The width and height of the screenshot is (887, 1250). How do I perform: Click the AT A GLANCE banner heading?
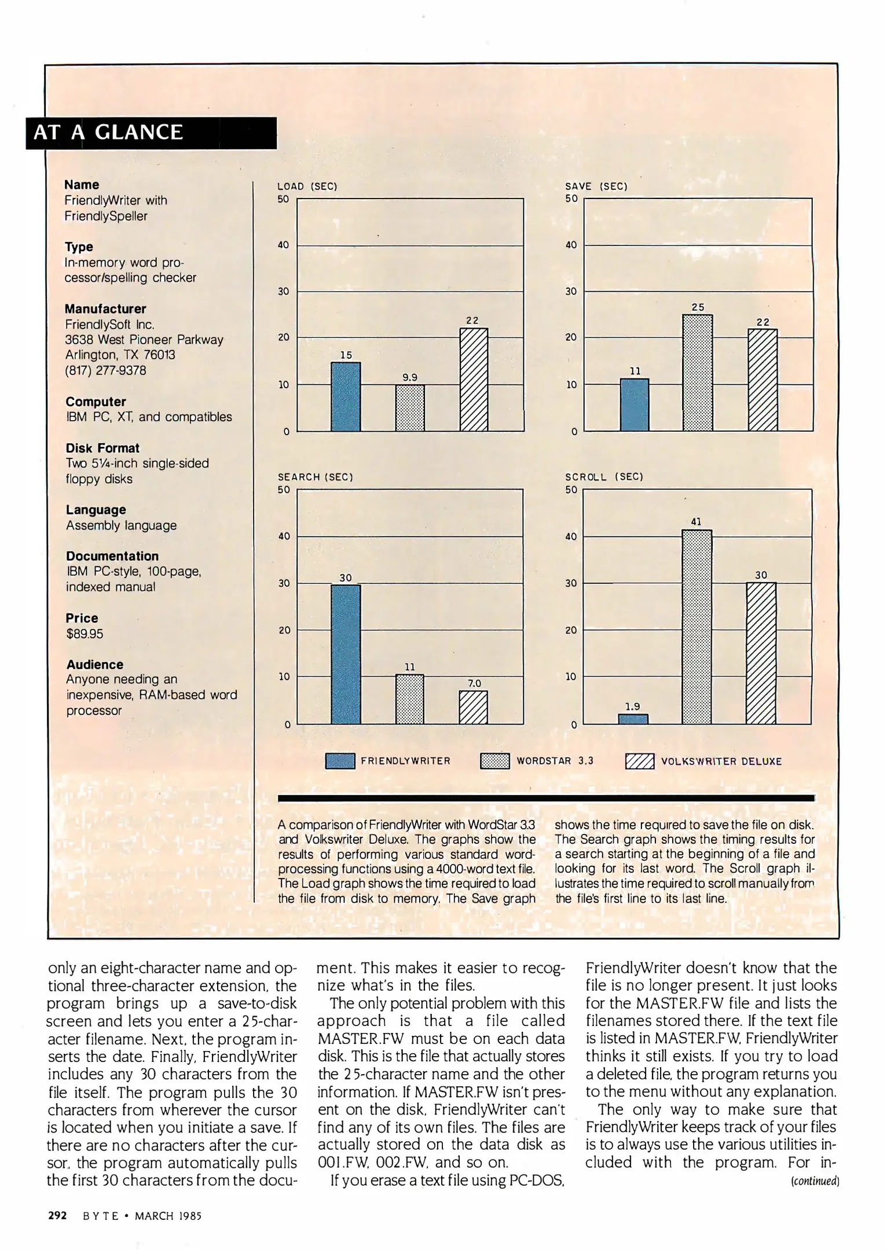click(108, 133)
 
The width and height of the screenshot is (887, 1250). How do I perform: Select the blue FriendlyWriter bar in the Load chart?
click(346, 396)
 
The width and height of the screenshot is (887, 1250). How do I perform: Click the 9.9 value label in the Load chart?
click(410, 377)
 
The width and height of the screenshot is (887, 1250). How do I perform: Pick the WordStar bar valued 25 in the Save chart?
click(698, 373)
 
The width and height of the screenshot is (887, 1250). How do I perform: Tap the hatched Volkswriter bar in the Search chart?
click(473, 707)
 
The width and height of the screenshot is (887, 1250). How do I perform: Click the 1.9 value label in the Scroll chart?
click(633, 706)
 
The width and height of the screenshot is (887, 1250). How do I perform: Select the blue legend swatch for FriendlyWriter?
click(340, 761)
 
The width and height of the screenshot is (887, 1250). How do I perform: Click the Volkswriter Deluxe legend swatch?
click(640, 761)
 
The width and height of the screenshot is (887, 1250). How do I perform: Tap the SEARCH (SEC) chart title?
click(316, 477)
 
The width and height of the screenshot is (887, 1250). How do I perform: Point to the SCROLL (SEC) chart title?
click(604, 477)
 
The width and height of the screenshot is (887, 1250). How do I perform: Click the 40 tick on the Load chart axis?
click(283, 245)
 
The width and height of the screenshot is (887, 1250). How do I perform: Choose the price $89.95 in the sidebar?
click(85, 634)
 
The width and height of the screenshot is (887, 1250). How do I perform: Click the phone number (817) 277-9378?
click(105, 370)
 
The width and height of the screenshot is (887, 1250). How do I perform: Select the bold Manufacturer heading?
click(105, 309)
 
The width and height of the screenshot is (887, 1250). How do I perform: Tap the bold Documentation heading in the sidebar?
click(112, 556)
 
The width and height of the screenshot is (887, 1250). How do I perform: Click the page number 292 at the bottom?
click(57, 1215)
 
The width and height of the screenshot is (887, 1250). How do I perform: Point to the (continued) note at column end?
click(815, 1181)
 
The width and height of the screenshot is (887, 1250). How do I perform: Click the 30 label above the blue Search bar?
click(346, 578)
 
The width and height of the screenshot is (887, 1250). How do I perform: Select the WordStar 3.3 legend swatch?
click(495, 761)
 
